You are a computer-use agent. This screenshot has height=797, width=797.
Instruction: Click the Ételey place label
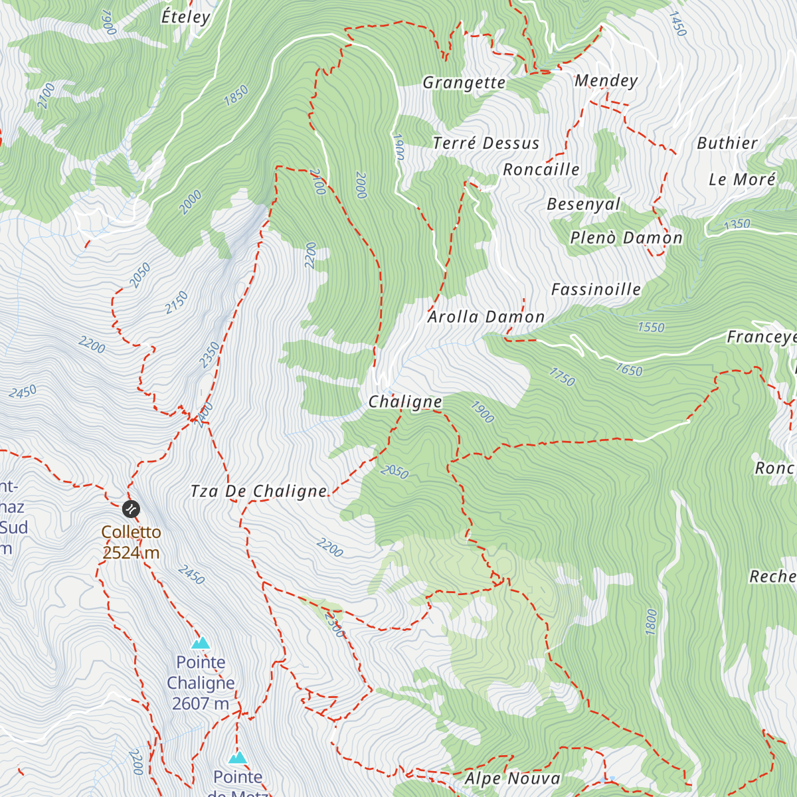185,17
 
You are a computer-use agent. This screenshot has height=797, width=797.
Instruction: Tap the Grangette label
464,82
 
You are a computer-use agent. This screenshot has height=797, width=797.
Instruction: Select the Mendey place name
606,80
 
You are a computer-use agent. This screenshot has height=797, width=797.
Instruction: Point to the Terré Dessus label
486,143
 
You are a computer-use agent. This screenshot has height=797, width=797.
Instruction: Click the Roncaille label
541,169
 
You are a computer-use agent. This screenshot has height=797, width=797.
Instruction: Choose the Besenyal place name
583,204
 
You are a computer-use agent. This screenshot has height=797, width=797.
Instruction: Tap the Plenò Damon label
626,238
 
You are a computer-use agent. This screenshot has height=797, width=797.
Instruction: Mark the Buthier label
727,143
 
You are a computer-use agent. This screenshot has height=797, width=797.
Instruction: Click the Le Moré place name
742,179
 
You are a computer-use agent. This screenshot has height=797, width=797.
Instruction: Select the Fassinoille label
596,289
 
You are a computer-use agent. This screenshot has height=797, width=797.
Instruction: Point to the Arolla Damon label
486,317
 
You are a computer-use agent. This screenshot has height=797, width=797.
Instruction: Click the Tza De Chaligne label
258,491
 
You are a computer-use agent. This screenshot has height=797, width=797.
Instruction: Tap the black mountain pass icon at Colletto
131,509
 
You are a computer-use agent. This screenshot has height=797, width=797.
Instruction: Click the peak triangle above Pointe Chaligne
201,643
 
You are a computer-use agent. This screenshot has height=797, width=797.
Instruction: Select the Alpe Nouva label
512,778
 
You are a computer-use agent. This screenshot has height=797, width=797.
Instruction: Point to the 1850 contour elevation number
236,96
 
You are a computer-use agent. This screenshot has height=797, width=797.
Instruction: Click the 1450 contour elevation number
677,24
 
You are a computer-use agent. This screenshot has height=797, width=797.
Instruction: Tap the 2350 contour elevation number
209,355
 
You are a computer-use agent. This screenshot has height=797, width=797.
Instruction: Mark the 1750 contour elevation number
562,377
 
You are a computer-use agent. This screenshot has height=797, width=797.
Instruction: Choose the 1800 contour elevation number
651,622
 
